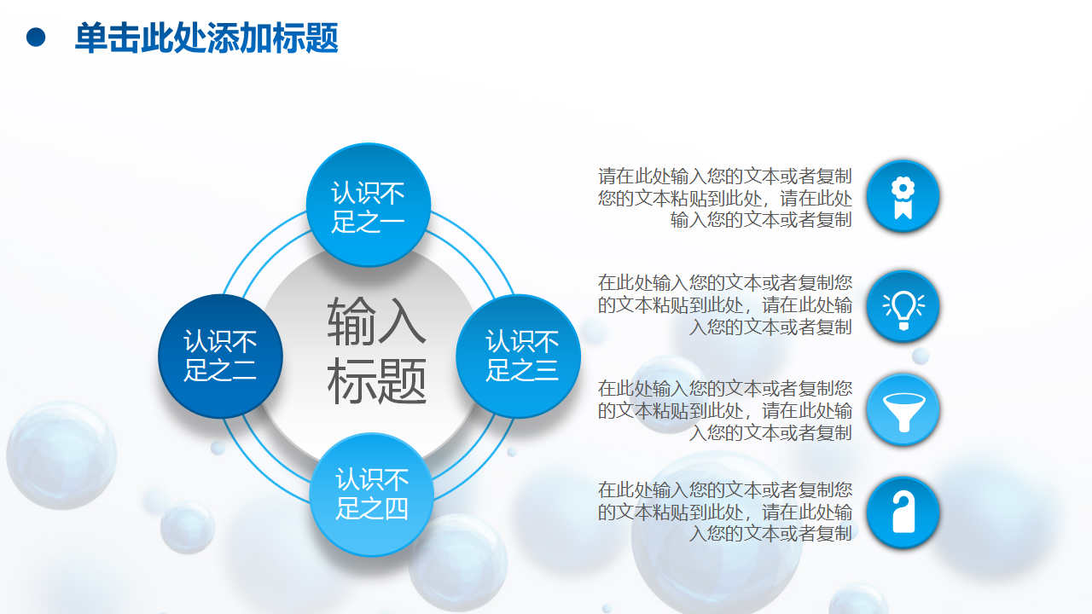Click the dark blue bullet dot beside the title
click(36, 38)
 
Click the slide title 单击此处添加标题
click(206, 38)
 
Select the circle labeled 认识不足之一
click(369, 205)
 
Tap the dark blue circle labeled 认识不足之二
click(220, 356)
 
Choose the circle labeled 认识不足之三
click(518, 356)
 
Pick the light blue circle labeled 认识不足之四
click(371, 495)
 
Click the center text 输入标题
click(376, 350)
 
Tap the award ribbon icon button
click(903, 196)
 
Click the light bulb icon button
click(903, 306)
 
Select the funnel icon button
click(903, 410)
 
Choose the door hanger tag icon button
click(903, 513)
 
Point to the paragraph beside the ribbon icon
click(725, 198)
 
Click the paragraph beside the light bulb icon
click(725, 304)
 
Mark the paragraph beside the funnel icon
click(725, 410)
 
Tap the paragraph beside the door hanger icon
click(725, 511)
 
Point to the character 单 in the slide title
click(91, 38)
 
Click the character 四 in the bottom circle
click(396, 509)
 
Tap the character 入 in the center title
click(402, 321)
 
